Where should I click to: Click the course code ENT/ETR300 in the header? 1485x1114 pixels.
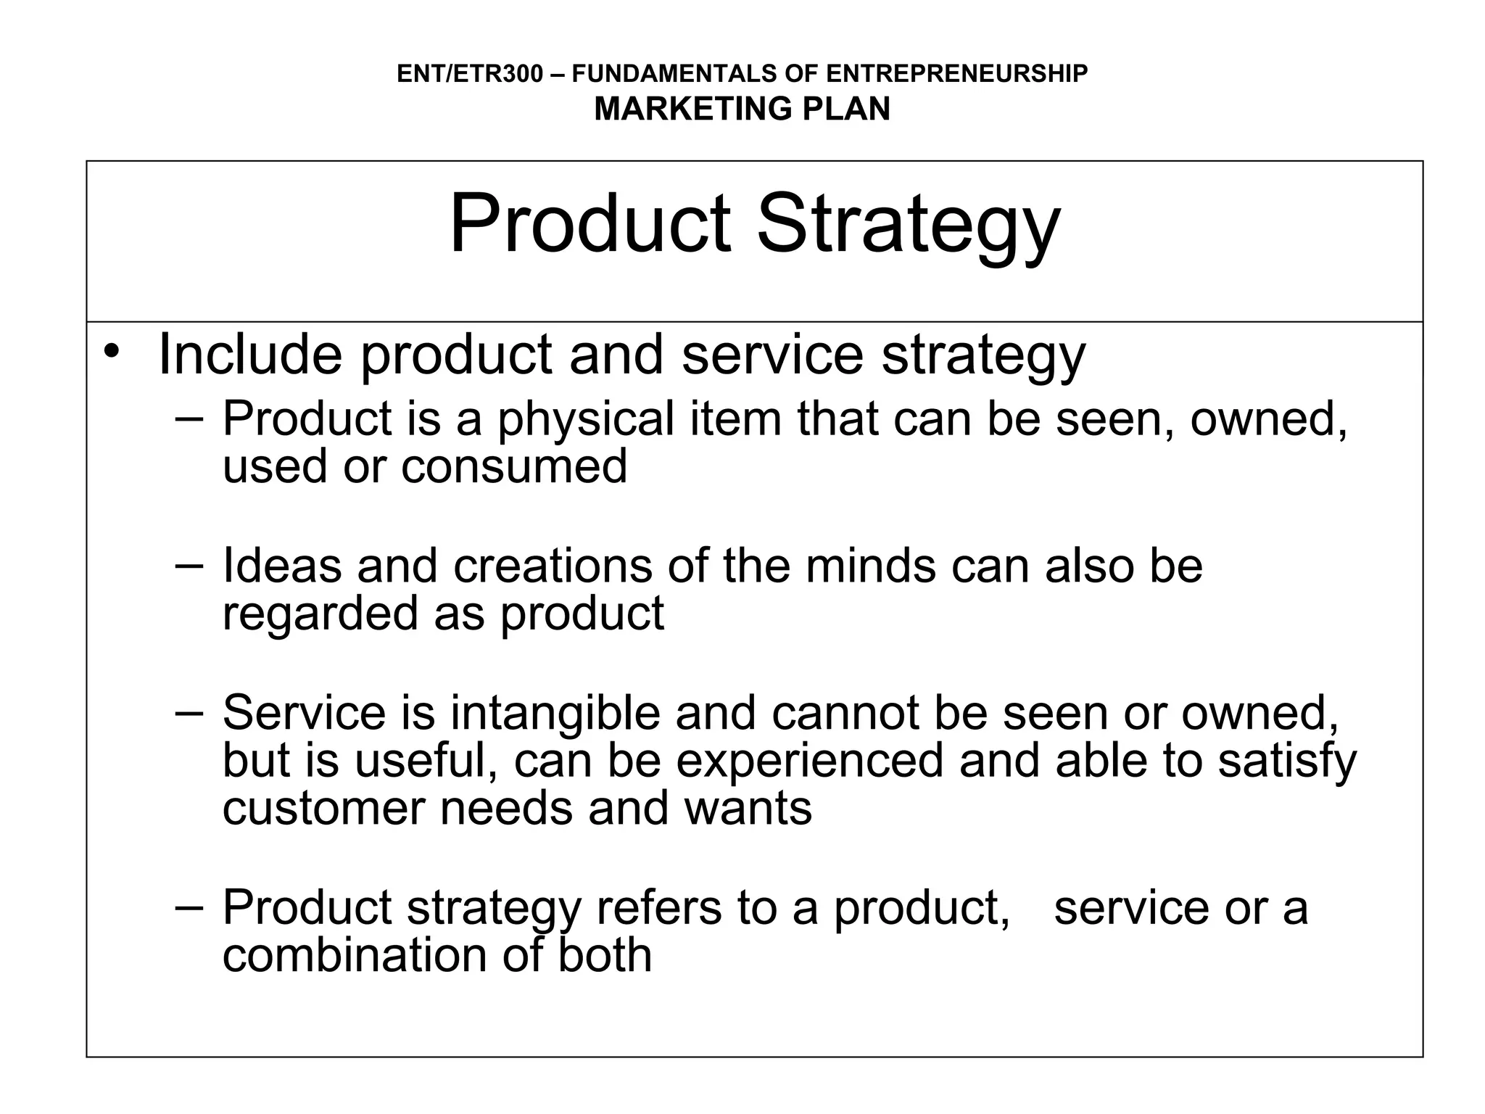pos(469,74)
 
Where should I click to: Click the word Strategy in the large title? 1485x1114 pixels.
pos(908,225)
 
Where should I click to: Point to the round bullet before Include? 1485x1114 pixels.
pos(111,352)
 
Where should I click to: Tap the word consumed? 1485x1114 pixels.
pos(514,466)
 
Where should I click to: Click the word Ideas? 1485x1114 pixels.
pos(281,566)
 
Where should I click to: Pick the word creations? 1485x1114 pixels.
pos(553,566)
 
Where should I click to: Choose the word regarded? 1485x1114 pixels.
pos(320,614)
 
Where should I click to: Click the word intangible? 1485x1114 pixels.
pos(555,713)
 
